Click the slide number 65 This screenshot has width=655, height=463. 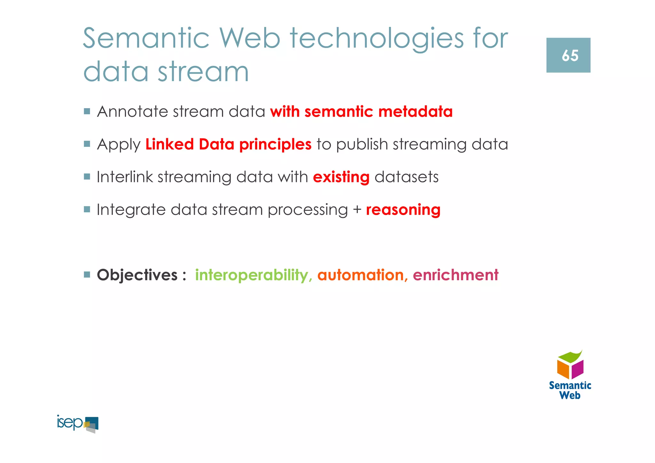tap(570, 56)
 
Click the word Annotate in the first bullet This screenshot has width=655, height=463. tap(132, 112)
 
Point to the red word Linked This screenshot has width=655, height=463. tap(170, 144)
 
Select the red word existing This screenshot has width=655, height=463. tap(341, 177)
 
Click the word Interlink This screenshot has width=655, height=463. tap(125, 177)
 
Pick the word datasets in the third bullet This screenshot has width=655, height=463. tap(406, 177)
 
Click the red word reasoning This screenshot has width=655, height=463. tap(403, 210)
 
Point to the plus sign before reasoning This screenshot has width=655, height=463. tap(357, 210)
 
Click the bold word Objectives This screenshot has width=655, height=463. tap(137, 275)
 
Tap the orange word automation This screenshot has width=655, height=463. tap(360, 275)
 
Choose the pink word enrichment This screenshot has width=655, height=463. tap(455, 275)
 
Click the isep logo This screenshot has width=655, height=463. tap(78, 424)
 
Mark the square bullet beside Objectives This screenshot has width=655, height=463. tap(87, 275)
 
